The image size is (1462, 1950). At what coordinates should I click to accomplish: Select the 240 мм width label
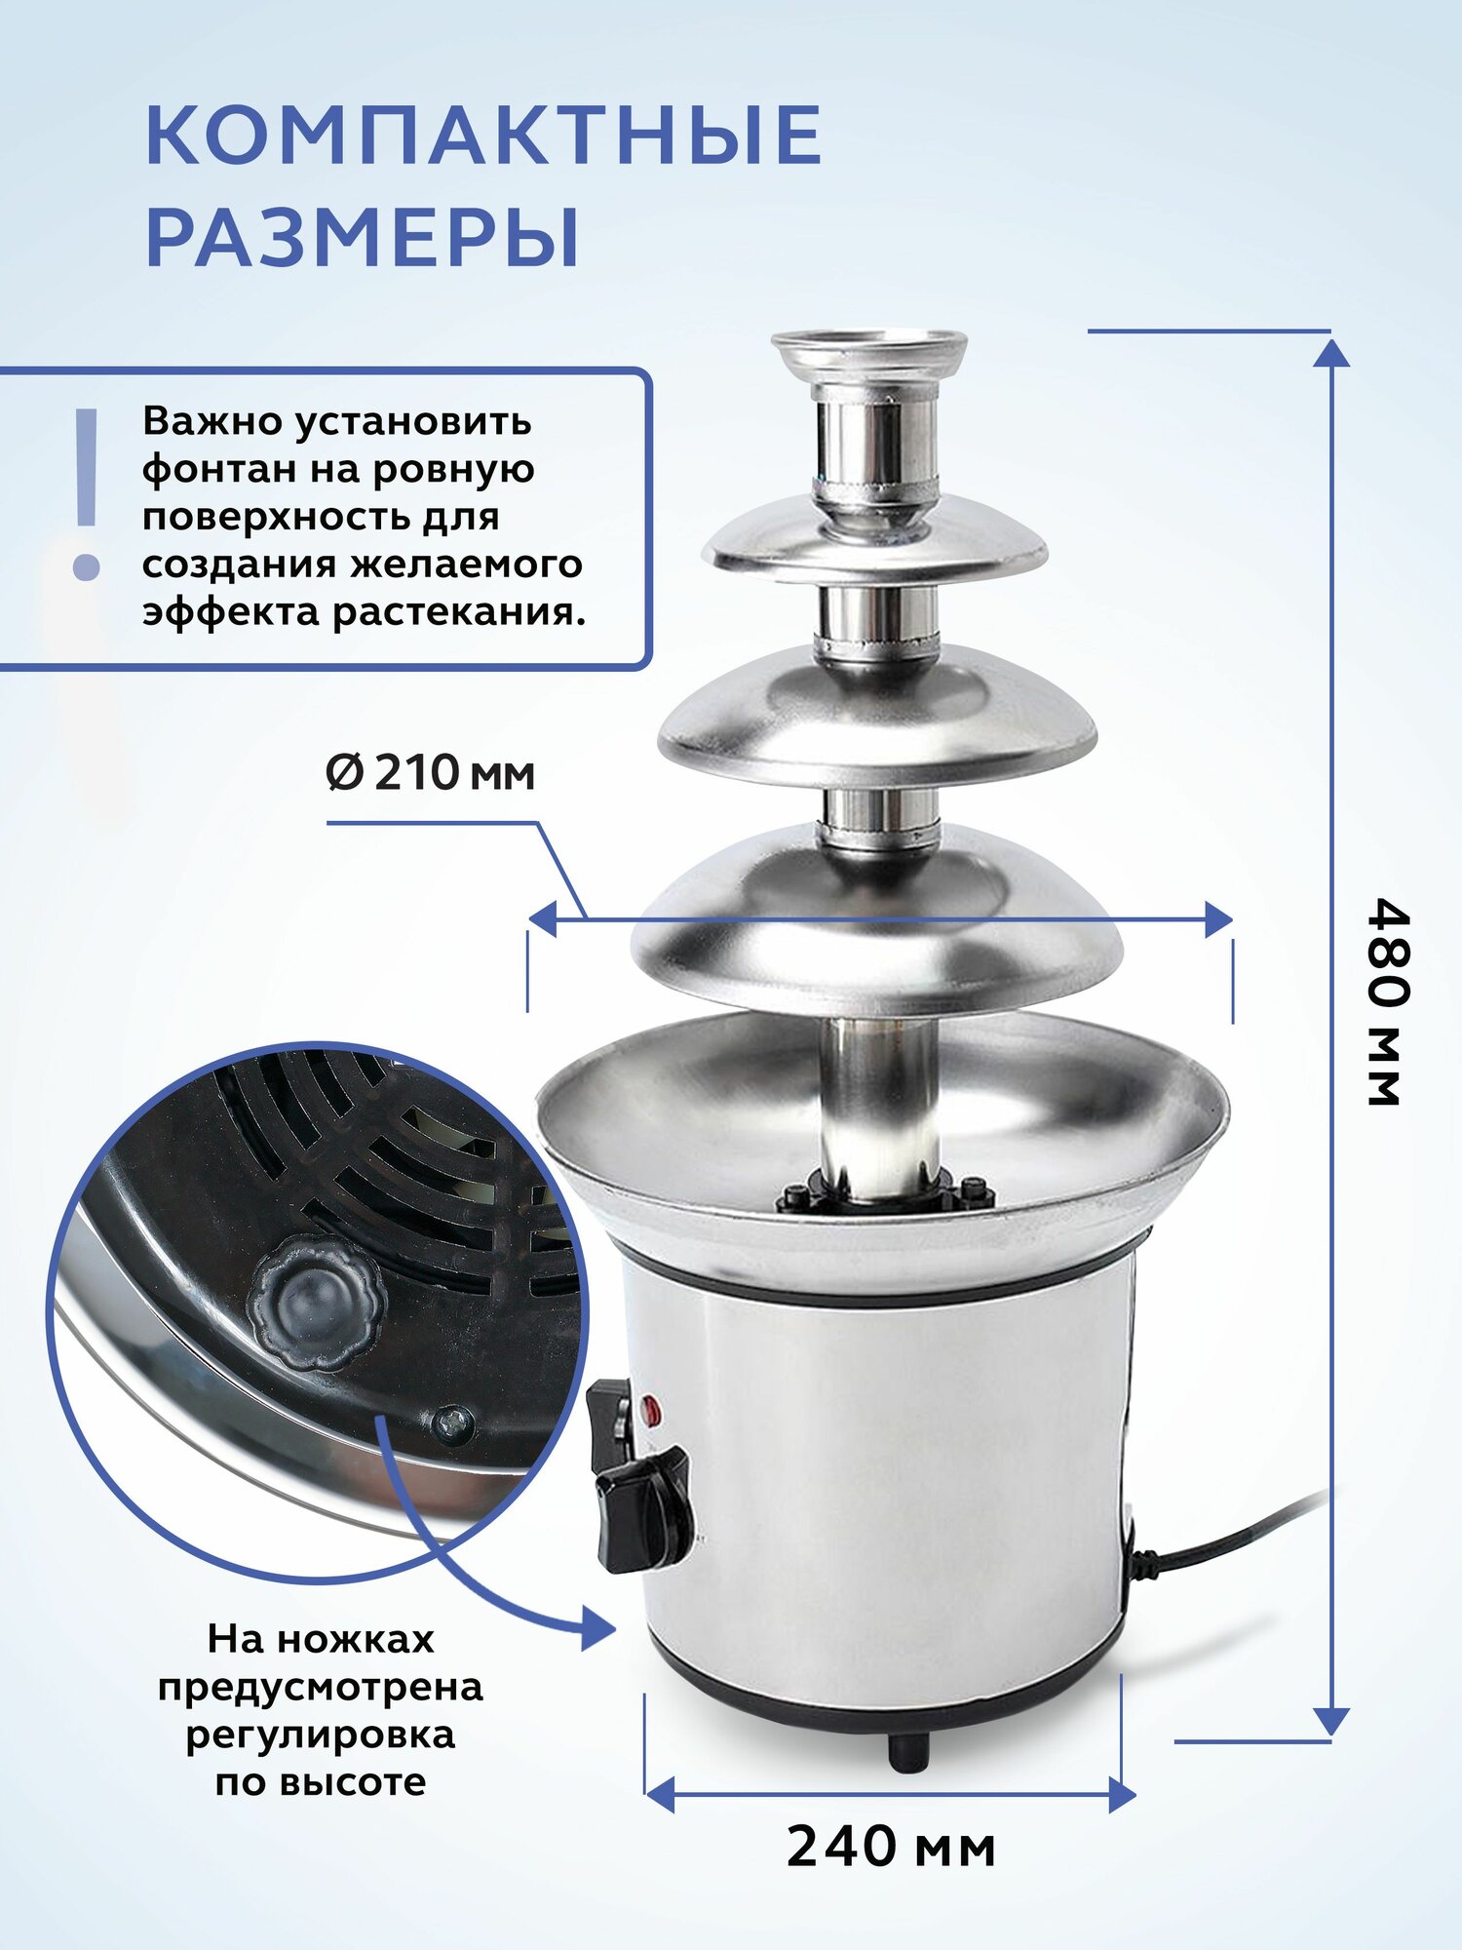tap(891, 1847)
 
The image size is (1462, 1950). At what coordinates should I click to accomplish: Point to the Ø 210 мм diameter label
tap(430, 773)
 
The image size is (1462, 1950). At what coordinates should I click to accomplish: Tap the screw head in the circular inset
tap(452, 1424)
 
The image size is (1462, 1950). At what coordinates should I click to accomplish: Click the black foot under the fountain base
tap(908, 1753)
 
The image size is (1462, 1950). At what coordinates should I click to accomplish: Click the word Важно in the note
tap(210, 421)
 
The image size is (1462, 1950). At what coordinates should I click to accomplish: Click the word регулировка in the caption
tap(321, 1735)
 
